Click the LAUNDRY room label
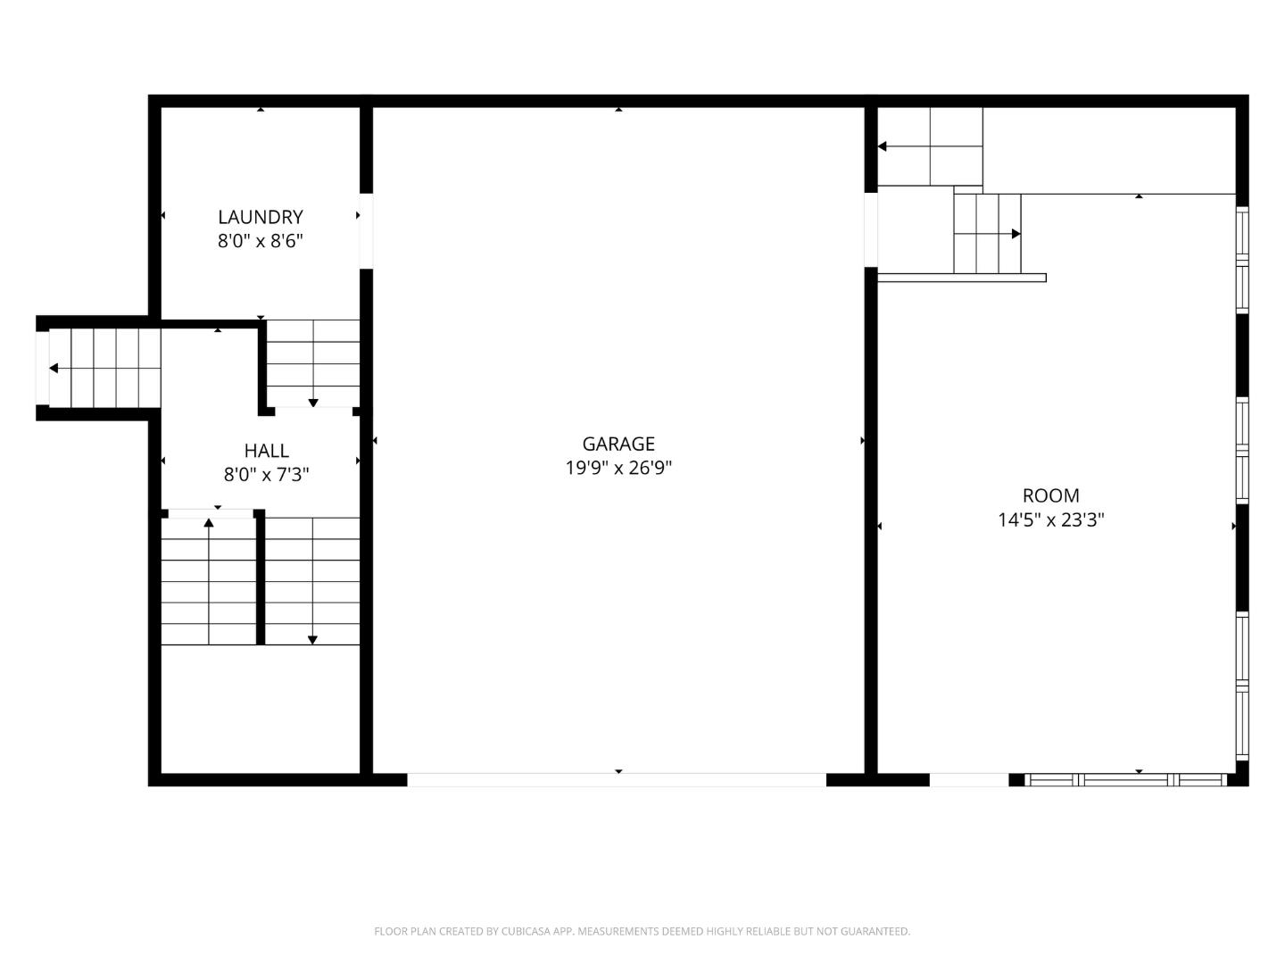coord(261,217)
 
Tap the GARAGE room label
coord(618,444)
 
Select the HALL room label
coord(266,451)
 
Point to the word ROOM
coord(1050,495)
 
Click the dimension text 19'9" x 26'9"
coord(618,468)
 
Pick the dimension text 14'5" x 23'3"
coord(1050,519)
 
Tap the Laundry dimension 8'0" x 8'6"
coord(261,241)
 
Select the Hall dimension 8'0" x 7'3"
coord(266,475)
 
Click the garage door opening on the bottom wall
coord(617,779)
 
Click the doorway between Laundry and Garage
coord(366,230)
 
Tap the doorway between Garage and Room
coord(871,229)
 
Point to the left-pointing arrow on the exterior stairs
coord(54,369)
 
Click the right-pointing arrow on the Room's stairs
coord(1016,234)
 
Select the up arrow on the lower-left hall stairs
coord(209,522)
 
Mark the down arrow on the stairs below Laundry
coord(313,403)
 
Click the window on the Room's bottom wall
coord(1126,779)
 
